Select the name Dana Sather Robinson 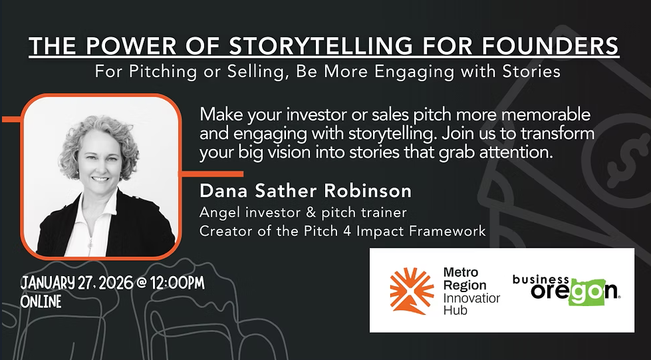305,191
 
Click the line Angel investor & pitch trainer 303,213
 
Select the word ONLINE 41,301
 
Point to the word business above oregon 541,279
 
